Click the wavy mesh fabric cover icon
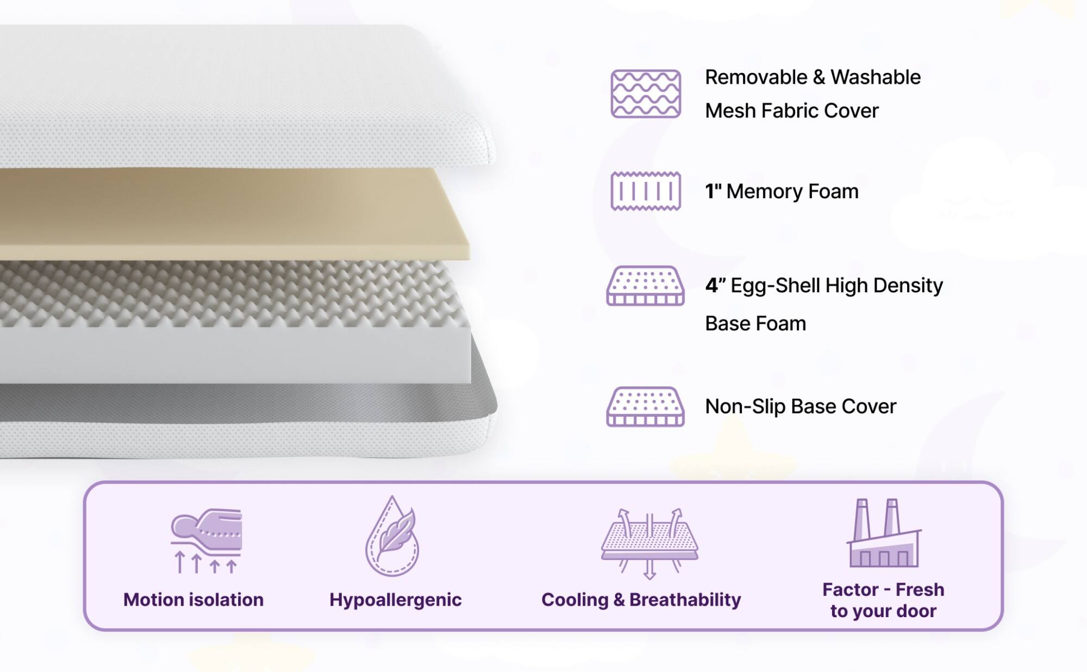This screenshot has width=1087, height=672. tap(646, 93)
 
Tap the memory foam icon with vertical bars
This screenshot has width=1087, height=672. tap(646, 191)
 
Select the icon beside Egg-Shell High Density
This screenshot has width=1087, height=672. tap(645, 286)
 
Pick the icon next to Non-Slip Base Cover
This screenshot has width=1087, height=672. tap(645, 406)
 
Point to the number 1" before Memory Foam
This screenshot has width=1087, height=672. tap(713, 191)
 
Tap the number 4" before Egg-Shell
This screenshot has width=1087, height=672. tap(714, 285)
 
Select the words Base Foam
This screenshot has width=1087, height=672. tap(755, 324)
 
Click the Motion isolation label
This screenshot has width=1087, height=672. tap(193, 600)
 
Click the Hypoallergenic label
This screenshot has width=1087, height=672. tap(395, 600)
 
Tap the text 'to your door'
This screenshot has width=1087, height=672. tap(883, 611)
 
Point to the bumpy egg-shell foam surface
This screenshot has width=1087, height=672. tap(228, 293)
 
